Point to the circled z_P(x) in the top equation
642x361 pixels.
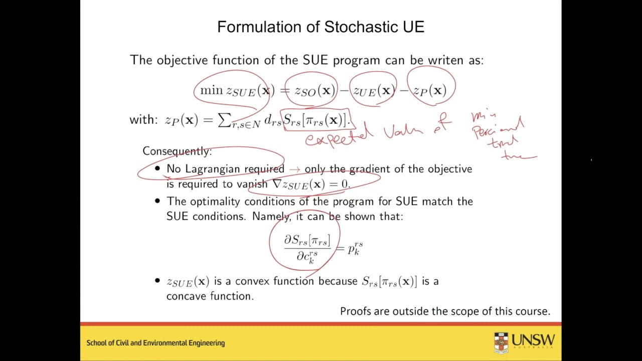coord(429,91)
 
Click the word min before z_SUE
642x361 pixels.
coord(211,90)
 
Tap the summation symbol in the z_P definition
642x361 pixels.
coord(224,120)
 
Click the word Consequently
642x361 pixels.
coord(177,151)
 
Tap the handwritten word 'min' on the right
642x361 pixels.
coord(479,117)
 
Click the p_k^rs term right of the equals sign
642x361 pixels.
coord(355,248)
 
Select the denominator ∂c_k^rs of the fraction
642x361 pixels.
coord(307,256)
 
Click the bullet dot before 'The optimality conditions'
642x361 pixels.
coord(157,202)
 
